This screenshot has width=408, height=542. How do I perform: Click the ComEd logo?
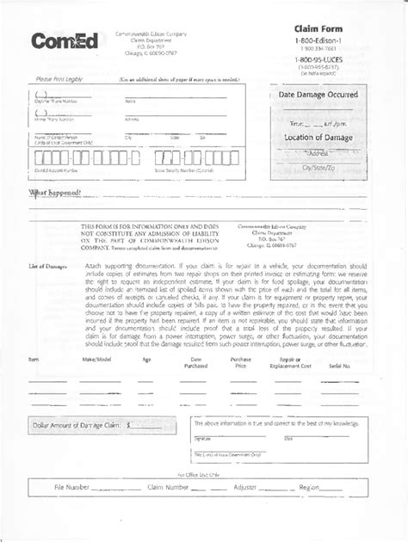65,40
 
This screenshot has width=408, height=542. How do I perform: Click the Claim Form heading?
318,30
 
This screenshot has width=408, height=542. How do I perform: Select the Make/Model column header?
96,359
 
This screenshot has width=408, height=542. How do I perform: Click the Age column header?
146,359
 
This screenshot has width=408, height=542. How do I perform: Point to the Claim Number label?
167,487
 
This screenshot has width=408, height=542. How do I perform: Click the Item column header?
34,359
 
